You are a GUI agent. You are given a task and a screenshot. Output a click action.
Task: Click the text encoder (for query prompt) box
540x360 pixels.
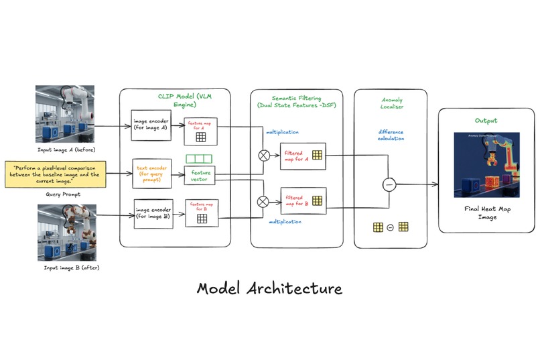pyautogui.click(x=153, y=172)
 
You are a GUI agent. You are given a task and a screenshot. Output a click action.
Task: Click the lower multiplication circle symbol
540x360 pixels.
pyautogui.click(x=263, y=201)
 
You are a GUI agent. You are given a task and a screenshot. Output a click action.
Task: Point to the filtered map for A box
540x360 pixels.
pyautogui.click(x=303, y=156)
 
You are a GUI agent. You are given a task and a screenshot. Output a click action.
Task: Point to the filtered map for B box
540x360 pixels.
pyautogui.click(x=303, y=200)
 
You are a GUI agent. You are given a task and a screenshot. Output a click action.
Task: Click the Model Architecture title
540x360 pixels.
pyautogui.click(x=269, y=288)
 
